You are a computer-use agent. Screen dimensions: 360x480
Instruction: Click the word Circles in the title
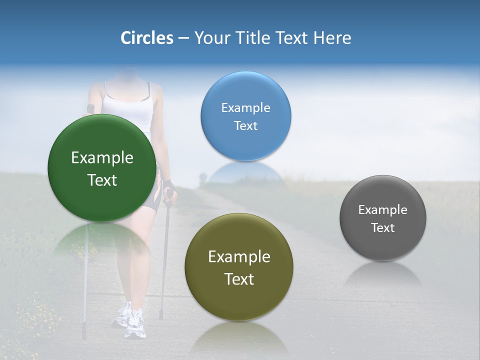tap(146, 38)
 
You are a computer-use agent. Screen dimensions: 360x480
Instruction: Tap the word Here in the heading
tap(332, 38)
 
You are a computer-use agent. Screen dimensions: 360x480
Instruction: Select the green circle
tap(102, 168)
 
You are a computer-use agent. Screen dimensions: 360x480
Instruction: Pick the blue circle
tap(245, 116)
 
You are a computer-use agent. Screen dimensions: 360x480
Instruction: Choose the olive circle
tap(239, 267)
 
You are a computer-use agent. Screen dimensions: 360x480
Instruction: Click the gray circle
tap(383, 218)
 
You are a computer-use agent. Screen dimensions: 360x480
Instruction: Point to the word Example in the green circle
tap(102, 158)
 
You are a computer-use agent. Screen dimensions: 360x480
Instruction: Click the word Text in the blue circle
tap(245, 126)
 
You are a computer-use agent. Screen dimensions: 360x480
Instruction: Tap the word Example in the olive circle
tap(239, 257)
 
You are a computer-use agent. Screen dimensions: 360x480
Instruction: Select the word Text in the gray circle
tap(383, 228)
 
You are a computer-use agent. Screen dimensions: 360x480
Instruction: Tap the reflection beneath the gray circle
tap(383, 274)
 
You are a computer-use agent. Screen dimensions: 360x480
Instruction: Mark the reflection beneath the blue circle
tap(245, 172)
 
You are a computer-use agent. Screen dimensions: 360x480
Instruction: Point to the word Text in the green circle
tap(102, 180)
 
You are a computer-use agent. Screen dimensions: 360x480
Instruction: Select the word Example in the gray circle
tap(383, 210)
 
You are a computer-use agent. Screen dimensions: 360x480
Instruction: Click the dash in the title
tap(183, 38)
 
